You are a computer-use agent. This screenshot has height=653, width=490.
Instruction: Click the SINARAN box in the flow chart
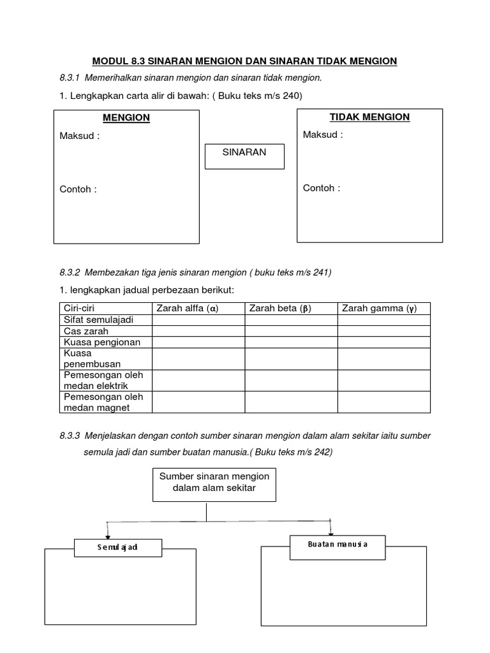(x=244, y=156)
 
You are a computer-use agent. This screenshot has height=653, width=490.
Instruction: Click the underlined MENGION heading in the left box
(x=126, y=118)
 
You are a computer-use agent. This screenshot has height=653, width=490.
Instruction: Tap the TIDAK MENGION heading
(x=369, y=117)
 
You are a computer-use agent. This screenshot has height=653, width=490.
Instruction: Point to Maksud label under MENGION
(x=80, y=136)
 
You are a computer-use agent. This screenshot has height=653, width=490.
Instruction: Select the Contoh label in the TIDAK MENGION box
(x=322, y=188)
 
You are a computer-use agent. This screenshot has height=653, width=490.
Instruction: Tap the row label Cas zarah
(x=86, y=331)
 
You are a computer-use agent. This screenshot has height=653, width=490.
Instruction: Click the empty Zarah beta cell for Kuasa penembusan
(x=291, y=358)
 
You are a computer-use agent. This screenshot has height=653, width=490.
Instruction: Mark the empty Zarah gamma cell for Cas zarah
(x=383, y=331)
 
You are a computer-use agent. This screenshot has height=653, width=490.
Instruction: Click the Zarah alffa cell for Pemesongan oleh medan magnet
(x=198, y=402)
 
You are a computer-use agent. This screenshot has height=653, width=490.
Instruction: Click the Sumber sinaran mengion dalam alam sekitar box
(x=214, y=484)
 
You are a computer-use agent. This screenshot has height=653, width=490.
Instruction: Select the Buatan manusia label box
(x=338, y=545)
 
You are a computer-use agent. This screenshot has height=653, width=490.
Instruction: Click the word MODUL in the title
(x=110, y=61)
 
